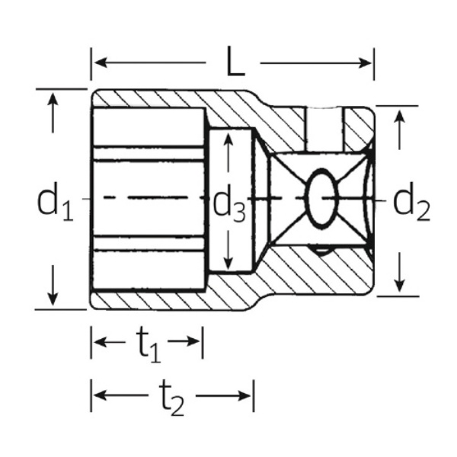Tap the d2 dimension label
click(x=411, y=202)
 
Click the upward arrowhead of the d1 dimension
click(x=52, y=99)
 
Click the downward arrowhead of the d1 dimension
click(x=52, y=299)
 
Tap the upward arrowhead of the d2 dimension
click(x=398, y=116)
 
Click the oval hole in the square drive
click(x=320, y=198)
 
